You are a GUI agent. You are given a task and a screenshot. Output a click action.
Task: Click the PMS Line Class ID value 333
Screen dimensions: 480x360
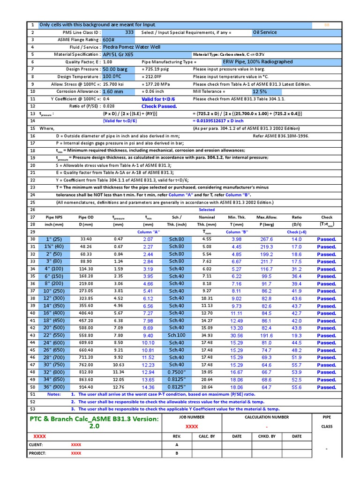[x=129, y=32]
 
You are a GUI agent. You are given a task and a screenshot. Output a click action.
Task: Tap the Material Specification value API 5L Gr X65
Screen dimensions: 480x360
[x=118, y=54]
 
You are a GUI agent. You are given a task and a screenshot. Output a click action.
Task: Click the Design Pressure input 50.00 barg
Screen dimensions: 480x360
[x=115, y=69]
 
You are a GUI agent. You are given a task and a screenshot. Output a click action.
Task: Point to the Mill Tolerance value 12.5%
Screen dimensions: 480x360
[x=260, y=91]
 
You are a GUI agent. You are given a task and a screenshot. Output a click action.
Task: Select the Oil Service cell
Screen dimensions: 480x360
[x=265, y=32]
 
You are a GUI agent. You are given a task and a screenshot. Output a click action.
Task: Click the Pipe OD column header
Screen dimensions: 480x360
[x=86, y=217]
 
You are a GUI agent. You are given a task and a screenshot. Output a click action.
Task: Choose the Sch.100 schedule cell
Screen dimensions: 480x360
[x=176, y=336]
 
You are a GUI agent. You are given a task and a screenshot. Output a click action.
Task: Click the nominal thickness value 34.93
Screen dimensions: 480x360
[x=207, y=336]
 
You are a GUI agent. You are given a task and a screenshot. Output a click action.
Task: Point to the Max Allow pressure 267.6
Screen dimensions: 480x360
[x=267, y=240]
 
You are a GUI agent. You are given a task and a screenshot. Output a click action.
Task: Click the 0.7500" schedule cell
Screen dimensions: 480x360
[x=176, y=372]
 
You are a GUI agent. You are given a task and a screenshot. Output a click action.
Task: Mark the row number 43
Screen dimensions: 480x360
[x=33, y=336]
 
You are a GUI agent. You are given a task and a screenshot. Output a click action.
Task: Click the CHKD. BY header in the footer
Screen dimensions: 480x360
[x=267, y=436]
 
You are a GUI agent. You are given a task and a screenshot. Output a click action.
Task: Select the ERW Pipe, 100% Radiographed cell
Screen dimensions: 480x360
[x=258, y=62]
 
